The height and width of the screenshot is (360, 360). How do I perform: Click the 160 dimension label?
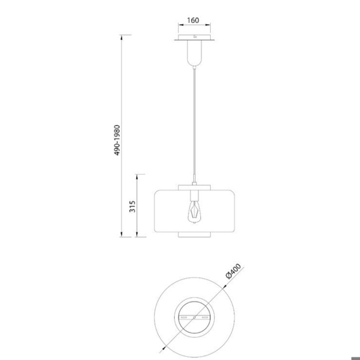193,20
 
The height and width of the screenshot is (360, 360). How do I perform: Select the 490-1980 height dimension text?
117,140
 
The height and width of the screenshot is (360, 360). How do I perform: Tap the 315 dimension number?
132,206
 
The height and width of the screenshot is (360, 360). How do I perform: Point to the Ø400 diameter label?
234,271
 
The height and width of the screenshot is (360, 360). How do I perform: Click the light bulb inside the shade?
194,211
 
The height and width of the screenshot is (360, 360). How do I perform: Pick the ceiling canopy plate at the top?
194,38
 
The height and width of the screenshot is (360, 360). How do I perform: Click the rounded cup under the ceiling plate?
194,53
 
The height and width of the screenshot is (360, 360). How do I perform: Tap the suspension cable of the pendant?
194,122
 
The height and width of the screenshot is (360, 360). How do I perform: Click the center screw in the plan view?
194,317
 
